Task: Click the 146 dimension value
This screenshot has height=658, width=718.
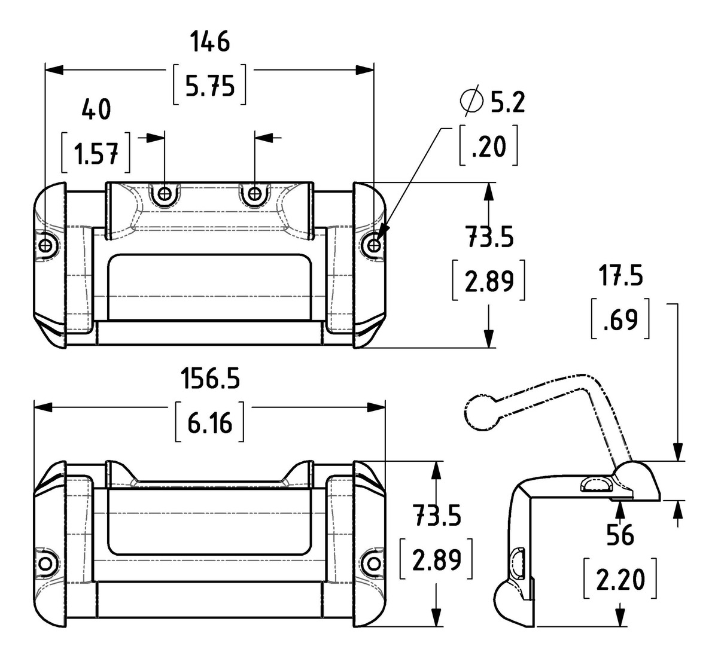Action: (x=210, y=41)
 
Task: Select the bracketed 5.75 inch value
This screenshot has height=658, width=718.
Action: (x=210, y=85)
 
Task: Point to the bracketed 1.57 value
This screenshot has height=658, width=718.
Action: (x=96, y=153)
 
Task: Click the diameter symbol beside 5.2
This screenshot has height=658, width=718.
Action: (x=471, y=100)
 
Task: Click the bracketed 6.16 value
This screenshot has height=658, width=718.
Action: (x=210, y=422)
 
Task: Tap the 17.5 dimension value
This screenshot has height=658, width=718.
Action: (x=620, y=276)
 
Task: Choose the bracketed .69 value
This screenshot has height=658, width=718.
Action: (x=620, y=319)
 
